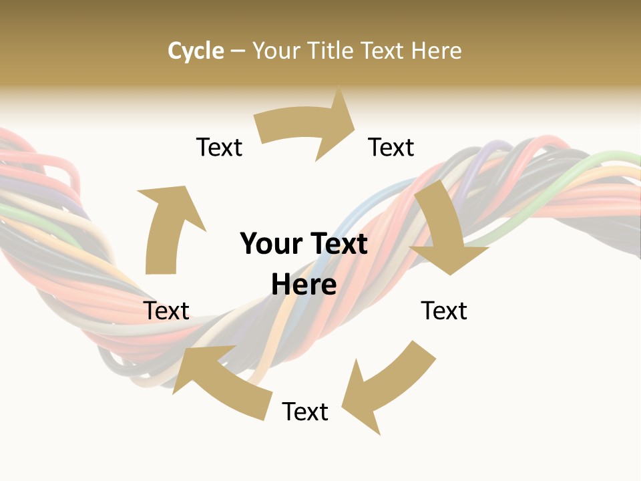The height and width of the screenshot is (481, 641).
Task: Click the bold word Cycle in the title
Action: tap(196, 51)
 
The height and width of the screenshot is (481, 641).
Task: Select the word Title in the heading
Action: tap(333, 51)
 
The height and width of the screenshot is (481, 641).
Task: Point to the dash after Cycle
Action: tap(238, 51)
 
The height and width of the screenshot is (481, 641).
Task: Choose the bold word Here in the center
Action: tap(304, 285)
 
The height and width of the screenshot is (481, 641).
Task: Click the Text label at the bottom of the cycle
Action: tap(305, 412)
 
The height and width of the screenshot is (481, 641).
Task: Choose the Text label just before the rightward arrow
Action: tap(219, 147)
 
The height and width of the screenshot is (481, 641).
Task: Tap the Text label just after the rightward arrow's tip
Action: tap(391, 147)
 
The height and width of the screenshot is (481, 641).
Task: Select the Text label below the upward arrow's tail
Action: tap(167, 311)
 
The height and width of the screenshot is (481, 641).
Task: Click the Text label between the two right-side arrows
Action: tap(444, 311)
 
